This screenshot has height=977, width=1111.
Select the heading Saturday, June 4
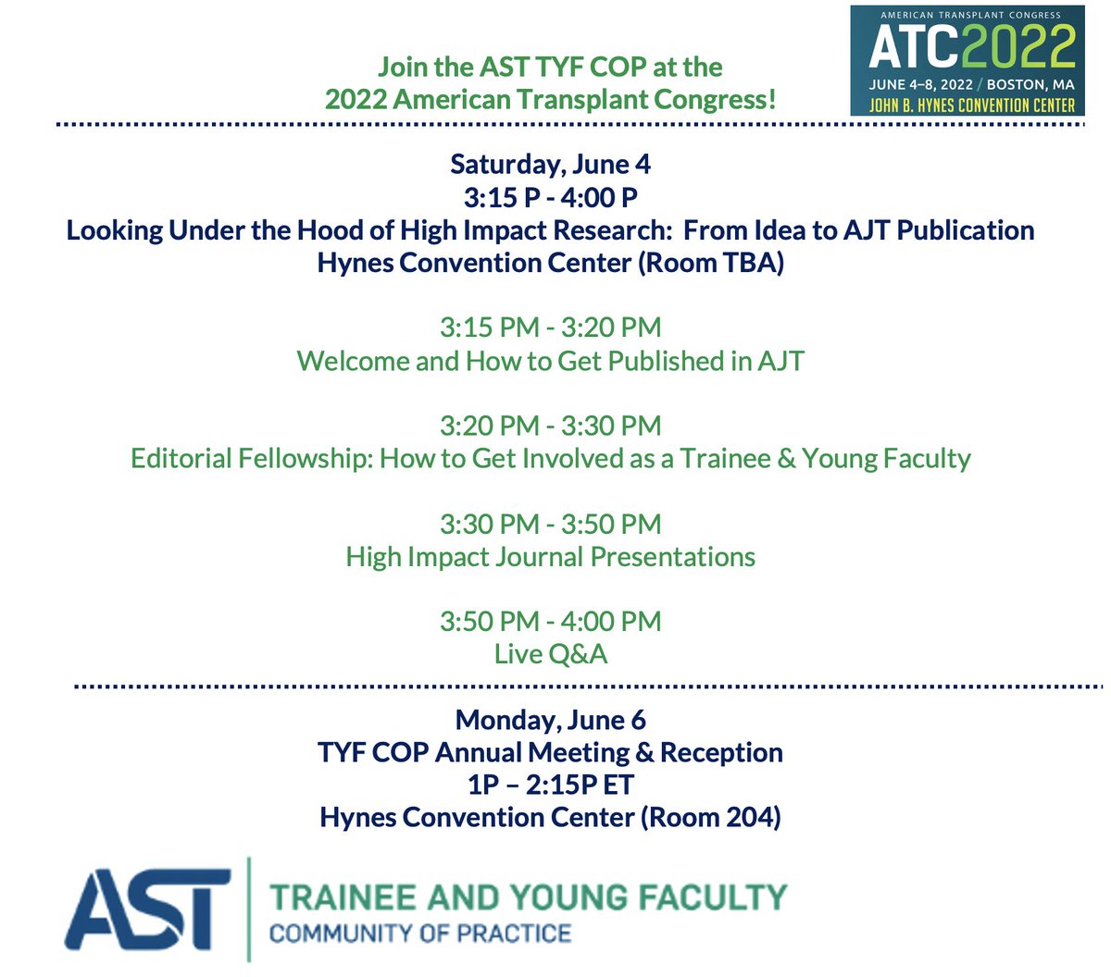pos(550,165)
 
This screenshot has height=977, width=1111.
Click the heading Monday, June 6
pos(550,720)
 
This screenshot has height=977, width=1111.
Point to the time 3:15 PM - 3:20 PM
pos(550,328)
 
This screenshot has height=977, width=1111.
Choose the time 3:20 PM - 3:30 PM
pos(550,426)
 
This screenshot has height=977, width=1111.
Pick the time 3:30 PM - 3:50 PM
pos(550,524)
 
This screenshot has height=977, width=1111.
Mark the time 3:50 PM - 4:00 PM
pos(550,621)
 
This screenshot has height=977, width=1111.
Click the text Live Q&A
pos(550,654)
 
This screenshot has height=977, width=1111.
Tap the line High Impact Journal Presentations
pos(550,557)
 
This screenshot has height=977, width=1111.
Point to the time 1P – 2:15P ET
pos(550,785)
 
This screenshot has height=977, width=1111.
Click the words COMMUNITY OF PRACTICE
pos(419,932)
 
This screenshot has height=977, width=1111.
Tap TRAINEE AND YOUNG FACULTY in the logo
pos(528,897)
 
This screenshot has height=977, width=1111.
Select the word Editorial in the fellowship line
pos(181,459)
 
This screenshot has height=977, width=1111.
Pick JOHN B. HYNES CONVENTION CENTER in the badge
pos(971,105)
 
